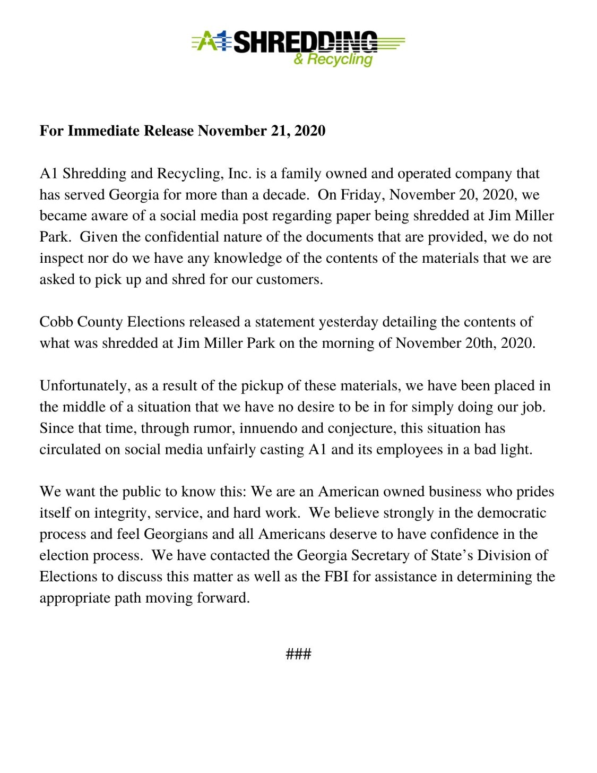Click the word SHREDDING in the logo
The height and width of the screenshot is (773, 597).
click(305, 42)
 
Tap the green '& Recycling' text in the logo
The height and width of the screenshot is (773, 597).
click(333, 59)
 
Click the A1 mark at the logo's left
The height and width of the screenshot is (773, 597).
click(212, 41)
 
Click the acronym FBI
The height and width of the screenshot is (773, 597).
click(336, 577)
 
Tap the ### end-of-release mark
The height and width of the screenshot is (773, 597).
click(298, 654)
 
